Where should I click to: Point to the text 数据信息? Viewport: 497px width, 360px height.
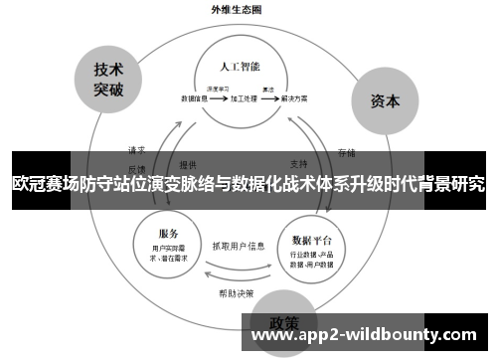click(194, 99)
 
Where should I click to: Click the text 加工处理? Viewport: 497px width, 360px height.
click(243, 99)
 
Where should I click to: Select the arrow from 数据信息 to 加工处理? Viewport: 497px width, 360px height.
click(219, 99)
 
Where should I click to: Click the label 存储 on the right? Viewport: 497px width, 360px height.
click(346, 152)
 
